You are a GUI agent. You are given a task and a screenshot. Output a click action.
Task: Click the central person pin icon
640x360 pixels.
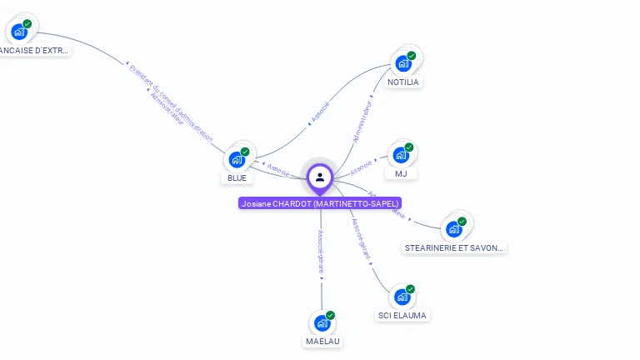320,177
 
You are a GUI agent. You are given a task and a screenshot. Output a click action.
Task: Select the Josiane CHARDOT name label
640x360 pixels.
320,203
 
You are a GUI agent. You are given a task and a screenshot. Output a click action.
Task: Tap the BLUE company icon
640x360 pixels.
237,158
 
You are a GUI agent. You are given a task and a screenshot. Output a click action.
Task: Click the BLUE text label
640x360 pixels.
237,177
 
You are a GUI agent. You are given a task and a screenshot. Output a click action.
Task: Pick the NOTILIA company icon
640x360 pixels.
404,62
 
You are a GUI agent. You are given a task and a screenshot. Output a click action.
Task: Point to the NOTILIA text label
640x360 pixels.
404,82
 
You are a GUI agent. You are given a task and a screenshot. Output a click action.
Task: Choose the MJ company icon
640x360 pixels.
402,155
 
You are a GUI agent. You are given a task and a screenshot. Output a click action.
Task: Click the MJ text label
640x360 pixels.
402,174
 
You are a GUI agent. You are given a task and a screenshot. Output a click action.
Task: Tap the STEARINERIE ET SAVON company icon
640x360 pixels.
454,228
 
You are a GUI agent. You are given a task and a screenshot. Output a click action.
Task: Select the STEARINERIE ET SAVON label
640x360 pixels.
454,248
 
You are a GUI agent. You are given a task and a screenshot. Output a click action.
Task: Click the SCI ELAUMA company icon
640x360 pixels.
402,297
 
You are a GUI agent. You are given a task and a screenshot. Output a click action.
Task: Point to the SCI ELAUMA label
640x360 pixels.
402,316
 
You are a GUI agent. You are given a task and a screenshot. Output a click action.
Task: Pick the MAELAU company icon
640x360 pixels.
322,322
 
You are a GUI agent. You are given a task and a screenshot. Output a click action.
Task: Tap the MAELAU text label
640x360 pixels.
322,342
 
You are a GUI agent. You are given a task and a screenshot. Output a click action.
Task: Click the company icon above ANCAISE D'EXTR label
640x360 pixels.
20,32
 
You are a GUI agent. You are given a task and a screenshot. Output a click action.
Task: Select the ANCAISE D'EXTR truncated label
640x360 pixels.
33,51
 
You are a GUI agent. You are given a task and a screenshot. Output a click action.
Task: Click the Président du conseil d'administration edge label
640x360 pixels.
172,102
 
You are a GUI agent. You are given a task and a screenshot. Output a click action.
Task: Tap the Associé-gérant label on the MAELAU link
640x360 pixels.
321,251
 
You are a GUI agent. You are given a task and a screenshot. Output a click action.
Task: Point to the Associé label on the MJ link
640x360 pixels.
362,167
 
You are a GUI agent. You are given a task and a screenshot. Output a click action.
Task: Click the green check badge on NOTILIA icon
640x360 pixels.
412,56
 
